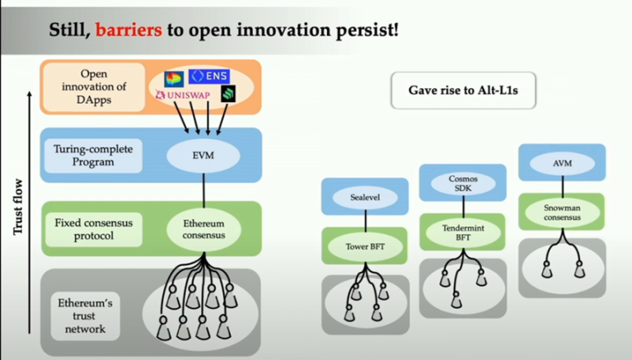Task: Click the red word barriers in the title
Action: click(x=129, y=30)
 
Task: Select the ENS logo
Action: click(x=209, y=76)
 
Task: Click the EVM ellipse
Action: click(x=204, y=156)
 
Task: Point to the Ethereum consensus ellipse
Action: click(x=204, y=229)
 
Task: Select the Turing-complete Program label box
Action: click(x=93, y=156)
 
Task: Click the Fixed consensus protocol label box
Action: click(x=93, y=229)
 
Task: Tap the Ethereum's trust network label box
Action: click(x=85, y=316)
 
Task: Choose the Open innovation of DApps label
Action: click(x=93, y=86)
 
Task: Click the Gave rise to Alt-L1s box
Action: click(x=463, y=91)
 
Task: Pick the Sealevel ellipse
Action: click(x=365, y=197)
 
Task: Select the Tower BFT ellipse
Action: click(x=365, y=246)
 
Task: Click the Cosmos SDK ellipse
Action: click(x=463, y=184)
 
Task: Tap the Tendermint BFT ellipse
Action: click(x=463, y=232)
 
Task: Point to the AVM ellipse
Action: click(x=562, y=163)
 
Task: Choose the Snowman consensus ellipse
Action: click(x=562, y=213)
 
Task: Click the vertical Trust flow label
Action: click(x=18, y=207)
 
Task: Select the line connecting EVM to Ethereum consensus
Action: click(x=204, y=190)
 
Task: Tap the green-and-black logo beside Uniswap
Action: click(x=228, y=94)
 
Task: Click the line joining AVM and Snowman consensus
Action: click(x=562, y=187)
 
